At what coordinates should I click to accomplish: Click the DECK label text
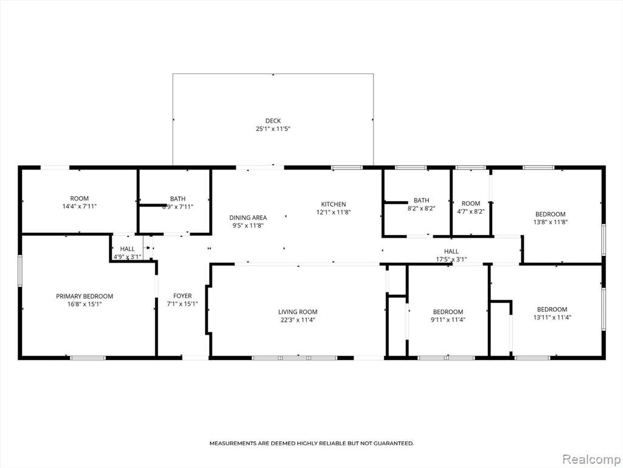(x=273, y=121)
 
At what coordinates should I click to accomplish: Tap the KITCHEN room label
(x=333, y=204)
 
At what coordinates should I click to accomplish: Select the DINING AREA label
(x=248, y=218)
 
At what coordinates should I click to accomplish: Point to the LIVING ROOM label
(x=298, y=311)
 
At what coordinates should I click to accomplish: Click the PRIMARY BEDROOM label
(x=84, y=296)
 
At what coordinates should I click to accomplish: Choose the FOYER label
(x=183, y=296)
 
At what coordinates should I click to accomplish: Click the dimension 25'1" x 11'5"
(x=273, y=129)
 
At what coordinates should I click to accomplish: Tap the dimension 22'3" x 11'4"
(x=298, y=319)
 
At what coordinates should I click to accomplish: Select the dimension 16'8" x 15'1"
(x=84, y=304)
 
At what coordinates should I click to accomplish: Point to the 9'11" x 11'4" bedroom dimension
(x=448, y=319)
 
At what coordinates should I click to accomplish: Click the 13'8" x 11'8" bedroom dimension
(x=550, y=222)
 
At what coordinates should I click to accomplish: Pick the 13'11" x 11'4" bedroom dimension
(x=552, y=317)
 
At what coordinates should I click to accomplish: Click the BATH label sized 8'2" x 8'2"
(x=421, y=200)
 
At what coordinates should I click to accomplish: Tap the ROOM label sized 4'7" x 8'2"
(x=471, y=204)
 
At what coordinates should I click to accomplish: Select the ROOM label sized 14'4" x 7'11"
(x=80, y=198)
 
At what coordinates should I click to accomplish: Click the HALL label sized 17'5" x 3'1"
(x=451, y=251)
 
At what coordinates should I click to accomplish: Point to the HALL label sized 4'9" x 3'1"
(x=127, y=249)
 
